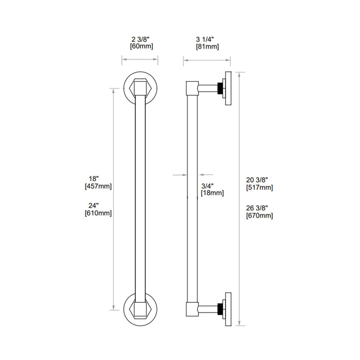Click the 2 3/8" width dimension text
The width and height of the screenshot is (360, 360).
pyautogui.click(x=141, y=39)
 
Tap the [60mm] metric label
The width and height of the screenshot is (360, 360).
pyautogui.click(x=141, y=46)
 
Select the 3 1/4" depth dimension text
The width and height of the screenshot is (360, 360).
pyautogui.click(x=207, y=39)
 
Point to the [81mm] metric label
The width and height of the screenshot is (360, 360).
pyautogui.click(x=207, y=46)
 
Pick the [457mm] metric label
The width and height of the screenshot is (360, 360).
pyautogui.click(x=98, y=186)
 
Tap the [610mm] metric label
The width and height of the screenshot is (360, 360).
pyautogui.click(x=98, y=213)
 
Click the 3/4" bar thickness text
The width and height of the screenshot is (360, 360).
pyautogui.click(x=207, y=185)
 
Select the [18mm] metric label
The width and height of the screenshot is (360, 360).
pyautogui.click(x=212, y=193)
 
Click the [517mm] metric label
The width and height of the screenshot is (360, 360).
pyautogui.click(x=260, y=187)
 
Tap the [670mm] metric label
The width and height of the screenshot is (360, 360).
pyautogui.click(x=260, y=216)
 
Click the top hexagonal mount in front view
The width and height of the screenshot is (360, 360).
pyautogui.click(x=140, y=88)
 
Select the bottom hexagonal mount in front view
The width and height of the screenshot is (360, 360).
pyautogui.click(x=140, y=310)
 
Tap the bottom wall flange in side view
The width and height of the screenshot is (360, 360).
pyautogui.click(x=228, y=310)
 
